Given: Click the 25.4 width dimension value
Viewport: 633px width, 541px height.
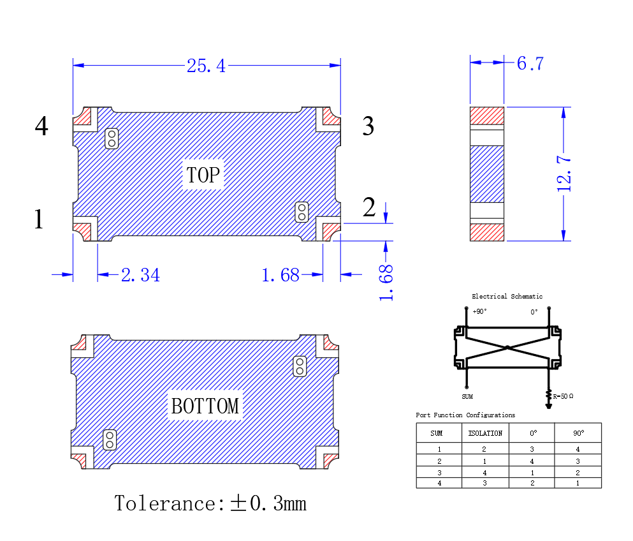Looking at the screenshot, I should click(206, 66).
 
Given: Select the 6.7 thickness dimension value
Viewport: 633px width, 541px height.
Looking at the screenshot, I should click(530, 63).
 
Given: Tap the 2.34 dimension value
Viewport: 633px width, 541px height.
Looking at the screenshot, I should click(140, 275).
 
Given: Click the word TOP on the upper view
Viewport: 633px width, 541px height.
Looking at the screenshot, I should click(204, 175).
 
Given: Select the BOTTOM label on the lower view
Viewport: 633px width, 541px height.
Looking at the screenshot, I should click(205, 406).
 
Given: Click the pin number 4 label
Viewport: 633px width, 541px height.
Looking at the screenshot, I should click(41, 126).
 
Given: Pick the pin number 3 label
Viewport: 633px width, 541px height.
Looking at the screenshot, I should click(368, 126).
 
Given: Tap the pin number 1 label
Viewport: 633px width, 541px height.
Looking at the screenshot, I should click(39, 219).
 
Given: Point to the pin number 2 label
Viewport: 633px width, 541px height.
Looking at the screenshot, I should click(369, 207).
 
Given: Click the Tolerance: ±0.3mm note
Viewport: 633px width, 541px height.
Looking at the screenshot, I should click(210, 503).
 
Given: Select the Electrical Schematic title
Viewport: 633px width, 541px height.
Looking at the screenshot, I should click(507, 296).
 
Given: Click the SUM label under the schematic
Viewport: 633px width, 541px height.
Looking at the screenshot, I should click(467, 396).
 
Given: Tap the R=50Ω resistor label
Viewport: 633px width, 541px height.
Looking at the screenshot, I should click(563, 396).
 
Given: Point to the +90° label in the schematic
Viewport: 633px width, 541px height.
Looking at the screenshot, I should click(479, 311).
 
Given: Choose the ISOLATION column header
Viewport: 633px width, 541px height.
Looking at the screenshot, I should click(485, 433).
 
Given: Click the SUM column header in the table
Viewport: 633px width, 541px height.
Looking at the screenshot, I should click(437, 433).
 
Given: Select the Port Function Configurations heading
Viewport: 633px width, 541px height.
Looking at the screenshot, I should click(465, 415).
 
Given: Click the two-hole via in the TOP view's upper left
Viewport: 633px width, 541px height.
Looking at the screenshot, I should click(112, 138).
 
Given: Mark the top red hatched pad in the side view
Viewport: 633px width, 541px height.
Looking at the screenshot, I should click(487, 115).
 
